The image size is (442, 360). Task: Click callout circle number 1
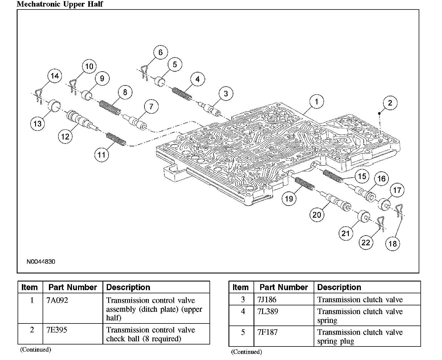pos(317,102)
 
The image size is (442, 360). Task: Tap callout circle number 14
pos(55,76)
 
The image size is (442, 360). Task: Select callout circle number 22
pos(365,243)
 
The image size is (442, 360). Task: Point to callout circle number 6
pos(160,52)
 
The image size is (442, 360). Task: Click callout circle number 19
pos(289,198)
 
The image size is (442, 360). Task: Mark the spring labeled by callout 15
pos(333,176)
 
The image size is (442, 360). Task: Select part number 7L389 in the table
pos(268,311)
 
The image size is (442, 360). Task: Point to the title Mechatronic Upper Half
pos(60,4)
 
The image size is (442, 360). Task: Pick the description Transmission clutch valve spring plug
pos(360,336)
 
